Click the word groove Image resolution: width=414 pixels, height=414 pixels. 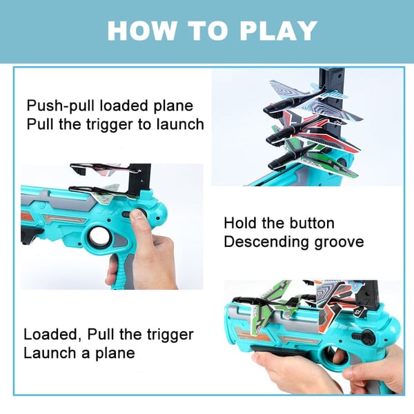coord(339,242)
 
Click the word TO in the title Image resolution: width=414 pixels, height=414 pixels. coord(199,31)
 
